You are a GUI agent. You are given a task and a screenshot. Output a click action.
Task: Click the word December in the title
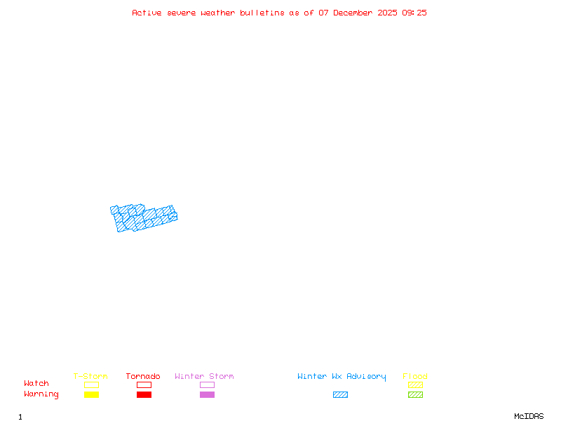tap(353, 13)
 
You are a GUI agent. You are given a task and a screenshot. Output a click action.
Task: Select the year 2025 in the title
tap(387, 13)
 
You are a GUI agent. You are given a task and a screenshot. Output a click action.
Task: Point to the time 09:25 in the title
tap(414, 13)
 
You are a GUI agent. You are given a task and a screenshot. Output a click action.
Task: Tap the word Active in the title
tap(147, 13)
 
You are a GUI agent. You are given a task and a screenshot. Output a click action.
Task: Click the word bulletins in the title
tap(262, 13)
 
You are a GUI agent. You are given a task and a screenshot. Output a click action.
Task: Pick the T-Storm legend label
tap(90, 376)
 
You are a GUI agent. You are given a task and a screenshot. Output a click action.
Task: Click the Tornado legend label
tap(143, 376)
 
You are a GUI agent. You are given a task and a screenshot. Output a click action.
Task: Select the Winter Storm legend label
tap(204, 376)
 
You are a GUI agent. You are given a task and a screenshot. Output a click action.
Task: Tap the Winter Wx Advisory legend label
tap(342, 377)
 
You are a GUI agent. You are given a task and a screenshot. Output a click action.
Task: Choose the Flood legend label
tap(415, 376)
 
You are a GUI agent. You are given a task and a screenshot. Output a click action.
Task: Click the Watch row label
tap(36, 383)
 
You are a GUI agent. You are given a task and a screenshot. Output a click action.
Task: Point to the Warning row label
tap(41, 394)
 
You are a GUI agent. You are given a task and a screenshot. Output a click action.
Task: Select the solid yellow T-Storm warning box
tap(92, 394)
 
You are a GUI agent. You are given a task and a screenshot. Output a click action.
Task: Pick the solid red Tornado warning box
tap(144, 394)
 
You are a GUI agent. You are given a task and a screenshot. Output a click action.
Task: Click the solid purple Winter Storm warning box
tap(207, 394)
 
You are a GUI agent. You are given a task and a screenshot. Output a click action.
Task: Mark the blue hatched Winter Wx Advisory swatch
tap(340, 394)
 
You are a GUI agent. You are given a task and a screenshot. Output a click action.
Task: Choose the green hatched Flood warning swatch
tap(415, 394)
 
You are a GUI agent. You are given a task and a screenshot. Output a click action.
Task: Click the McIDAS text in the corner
tap(529, 416)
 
